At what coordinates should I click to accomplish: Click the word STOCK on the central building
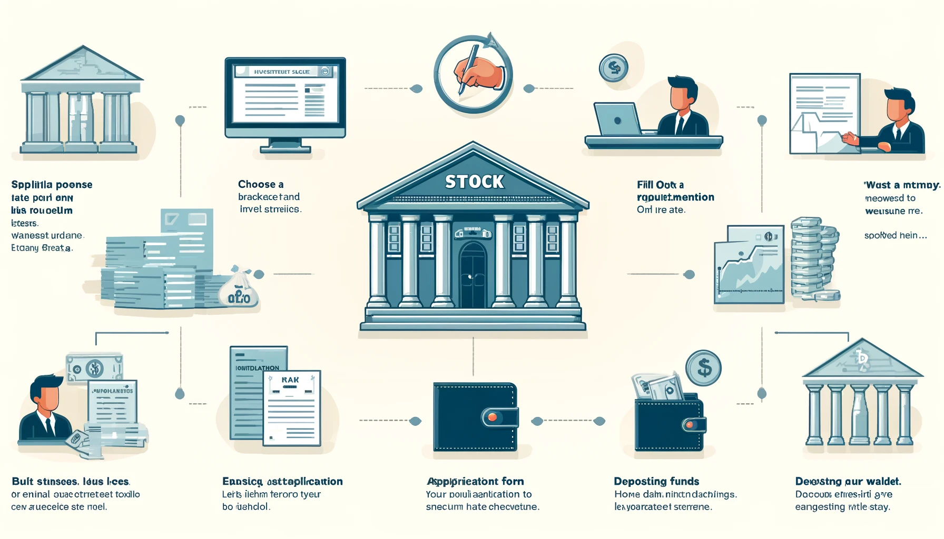point(474,182)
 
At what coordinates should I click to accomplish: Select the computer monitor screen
point(285,94)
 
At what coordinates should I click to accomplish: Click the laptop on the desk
point(617,119)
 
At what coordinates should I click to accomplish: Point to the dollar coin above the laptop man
point(613,68)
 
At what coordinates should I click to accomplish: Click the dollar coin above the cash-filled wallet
point(703,368)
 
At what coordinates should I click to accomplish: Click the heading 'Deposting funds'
point(656,481)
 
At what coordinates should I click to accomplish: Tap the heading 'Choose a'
point(261,184)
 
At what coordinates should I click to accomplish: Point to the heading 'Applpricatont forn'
point(475,481)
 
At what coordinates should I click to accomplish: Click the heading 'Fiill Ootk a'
point(660,185)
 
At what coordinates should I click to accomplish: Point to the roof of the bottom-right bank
point(862,361)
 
